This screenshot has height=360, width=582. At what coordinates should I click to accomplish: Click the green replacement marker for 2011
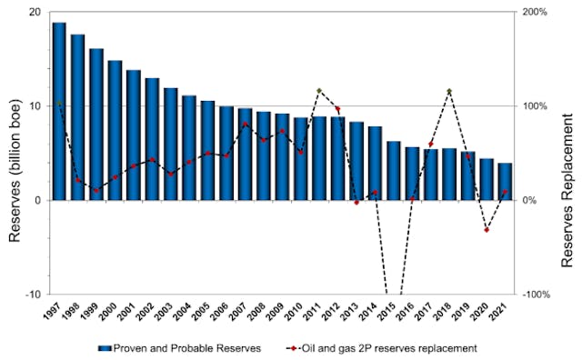319,91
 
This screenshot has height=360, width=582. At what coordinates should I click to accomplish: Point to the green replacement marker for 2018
449,91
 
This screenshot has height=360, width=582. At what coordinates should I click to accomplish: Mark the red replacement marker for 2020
487,230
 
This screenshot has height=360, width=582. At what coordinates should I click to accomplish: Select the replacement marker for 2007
245,124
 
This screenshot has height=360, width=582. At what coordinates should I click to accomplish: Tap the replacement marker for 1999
96,191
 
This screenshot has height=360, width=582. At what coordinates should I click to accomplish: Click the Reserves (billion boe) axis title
14,153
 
